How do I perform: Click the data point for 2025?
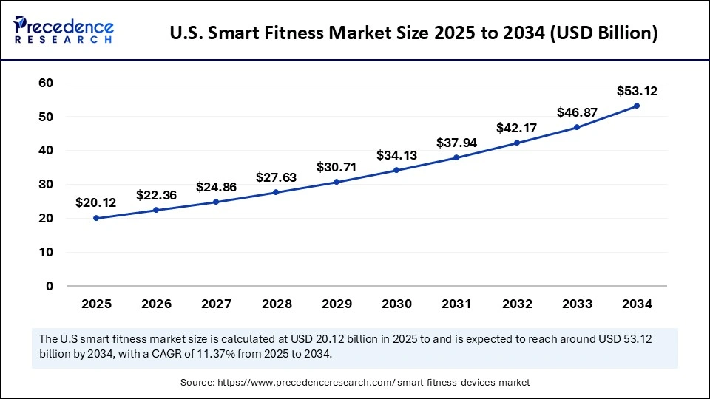click(96, 218)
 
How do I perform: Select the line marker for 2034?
click(636, 106)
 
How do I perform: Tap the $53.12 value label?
click(637, 92)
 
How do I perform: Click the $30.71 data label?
click(337, 168)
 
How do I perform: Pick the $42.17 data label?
click(516, 129)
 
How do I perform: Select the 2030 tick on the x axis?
click(396, 304)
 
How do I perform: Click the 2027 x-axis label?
click(216, 304)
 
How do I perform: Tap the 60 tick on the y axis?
click(45, 83)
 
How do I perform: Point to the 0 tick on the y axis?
click(49, 286)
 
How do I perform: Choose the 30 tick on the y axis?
click(45, 185)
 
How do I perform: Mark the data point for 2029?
click(337, 182)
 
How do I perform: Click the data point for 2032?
click(516, 143)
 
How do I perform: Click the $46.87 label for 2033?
click(576, 112)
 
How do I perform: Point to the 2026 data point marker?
click(156, 210)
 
